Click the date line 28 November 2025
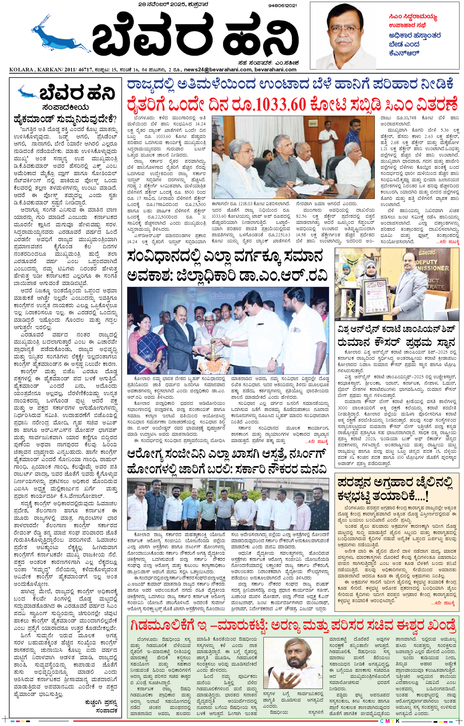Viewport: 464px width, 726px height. pos(173,5)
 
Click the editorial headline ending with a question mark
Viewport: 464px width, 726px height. pos(65,119)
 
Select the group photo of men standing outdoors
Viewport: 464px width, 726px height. pos(228,503)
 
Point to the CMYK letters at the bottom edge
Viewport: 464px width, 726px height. pos(390,721)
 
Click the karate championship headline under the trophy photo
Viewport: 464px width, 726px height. pos(396,336)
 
